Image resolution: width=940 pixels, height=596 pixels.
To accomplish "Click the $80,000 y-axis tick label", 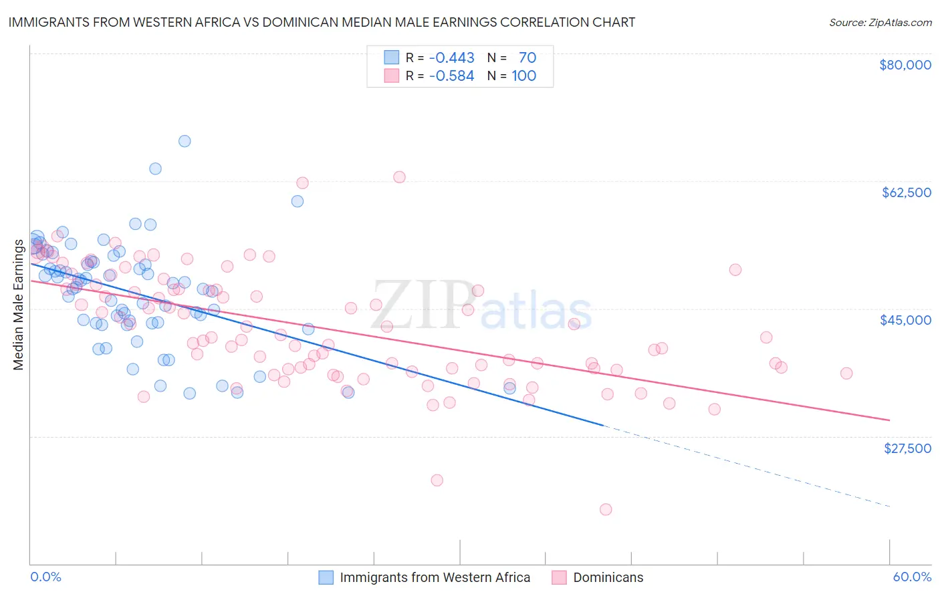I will tap(905, 65).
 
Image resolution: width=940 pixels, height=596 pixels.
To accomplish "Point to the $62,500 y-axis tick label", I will tap(906, 192).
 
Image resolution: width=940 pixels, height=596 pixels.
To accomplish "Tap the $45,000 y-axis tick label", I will tap(905, 320).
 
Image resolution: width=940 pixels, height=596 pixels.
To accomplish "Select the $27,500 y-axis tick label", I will tap(907, 448).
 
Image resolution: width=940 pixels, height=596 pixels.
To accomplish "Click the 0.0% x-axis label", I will tap(46, 577).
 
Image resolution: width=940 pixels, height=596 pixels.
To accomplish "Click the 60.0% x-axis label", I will tap(912, 577).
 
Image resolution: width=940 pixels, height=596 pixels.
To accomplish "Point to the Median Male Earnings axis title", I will tap(19, 304).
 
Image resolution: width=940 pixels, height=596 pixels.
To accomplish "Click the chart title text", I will tap(322, 22).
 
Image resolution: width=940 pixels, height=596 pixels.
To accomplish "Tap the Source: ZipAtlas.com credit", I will tap(880, 23).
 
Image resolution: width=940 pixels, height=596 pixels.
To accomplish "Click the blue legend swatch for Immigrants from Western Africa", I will tap(326, 577).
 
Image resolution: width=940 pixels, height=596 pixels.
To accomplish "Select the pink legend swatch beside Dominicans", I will tap(559, 577).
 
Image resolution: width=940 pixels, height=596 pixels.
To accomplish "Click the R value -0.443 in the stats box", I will tap(451, 58).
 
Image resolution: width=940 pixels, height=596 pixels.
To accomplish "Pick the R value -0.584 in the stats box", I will tap(451, 76).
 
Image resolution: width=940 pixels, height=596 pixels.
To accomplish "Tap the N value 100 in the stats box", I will tap(524, 76).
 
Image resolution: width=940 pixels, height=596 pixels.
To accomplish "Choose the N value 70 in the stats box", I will tap(527, 58).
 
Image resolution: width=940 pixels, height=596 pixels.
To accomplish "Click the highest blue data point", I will tap(185, 141).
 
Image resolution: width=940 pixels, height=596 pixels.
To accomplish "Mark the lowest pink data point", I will tap(606, 510).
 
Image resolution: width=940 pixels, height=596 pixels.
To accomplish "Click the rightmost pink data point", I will tap(846, 374).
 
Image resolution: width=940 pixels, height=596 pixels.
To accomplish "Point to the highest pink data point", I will tap(399, 177).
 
